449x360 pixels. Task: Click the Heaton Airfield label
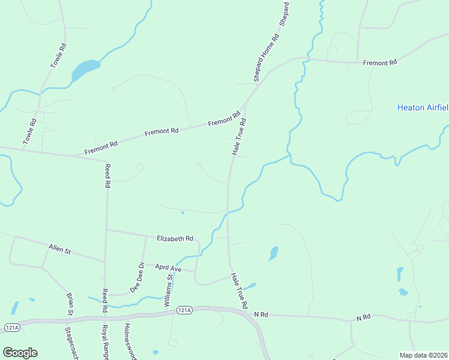(x=423, y=108)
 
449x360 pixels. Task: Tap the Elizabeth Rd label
(x=175, y=238)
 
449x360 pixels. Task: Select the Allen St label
(x=59, y=249)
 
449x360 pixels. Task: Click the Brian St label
(x=70, y=304)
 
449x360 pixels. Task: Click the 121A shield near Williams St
(x=184, y=310)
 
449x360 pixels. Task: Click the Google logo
(x=20, y=353)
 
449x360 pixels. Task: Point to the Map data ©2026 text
(x=423, y=355)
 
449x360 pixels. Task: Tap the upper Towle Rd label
(x=58, y=55)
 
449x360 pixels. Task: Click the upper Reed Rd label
(x=108, y=176)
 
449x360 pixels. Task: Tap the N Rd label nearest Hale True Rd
(x=260, y=314)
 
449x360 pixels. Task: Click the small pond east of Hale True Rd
(x=273, y=253)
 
